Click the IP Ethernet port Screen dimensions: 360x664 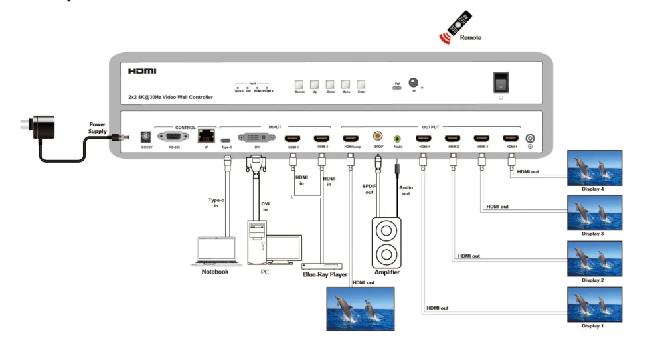(x=205, y=136)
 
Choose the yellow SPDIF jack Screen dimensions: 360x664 (x=378, y=135)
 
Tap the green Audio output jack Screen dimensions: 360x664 (x=398, y=138)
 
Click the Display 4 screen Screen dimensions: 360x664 (x=594, y=168)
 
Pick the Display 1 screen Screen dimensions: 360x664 (x=594, y=304)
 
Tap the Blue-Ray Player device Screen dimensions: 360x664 (x=325, y=265)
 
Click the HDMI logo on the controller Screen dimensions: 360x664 (x=142, y=71)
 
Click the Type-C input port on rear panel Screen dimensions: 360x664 (x=227, y=139)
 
